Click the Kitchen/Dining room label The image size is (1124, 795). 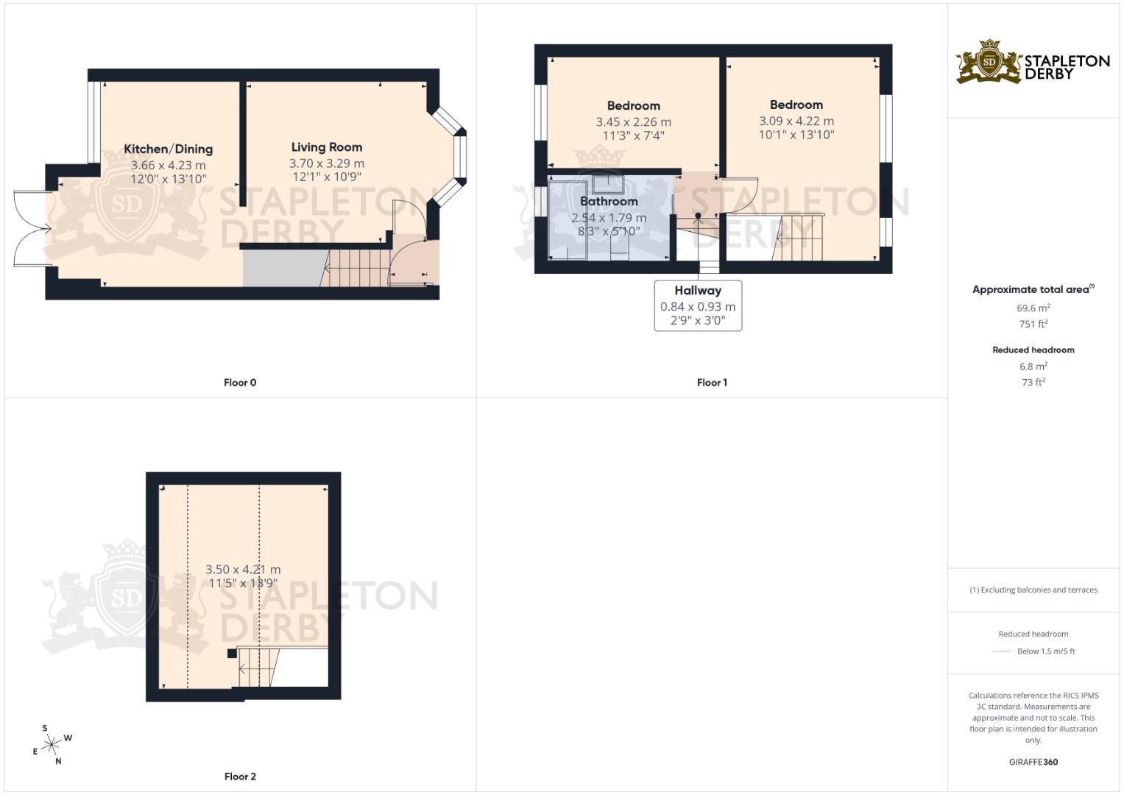click(x=169, y=149)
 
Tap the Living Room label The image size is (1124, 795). click(x=326, y=147)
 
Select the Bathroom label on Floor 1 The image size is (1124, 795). click(x=609, y=201)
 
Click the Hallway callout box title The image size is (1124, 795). click(x=698, y=291)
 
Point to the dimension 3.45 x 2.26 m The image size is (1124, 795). click(x=633, y=122)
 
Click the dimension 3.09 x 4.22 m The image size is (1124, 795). click(x=796, y=121)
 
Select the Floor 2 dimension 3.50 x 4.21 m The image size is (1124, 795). click(x=243, y=570)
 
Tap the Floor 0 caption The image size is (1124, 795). click(x=240, y=383)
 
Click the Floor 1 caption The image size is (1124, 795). click(x=712, y=383)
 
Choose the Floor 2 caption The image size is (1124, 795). click(x=240, y=777)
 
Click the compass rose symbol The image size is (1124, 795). click(x=52, y=746)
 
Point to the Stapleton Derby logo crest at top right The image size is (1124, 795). click(x=989, y=62)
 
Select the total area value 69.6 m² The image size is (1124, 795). click(x=1033, y=308)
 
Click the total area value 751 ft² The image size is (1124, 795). click(x=1033, y=324)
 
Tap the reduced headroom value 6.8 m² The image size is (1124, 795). click(x=1033, y=367)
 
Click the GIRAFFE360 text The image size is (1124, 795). click(x=1033, y=762)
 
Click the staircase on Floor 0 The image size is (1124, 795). click(x=355, y=268)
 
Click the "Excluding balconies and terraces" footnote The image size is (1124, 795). click(x=1033, y=590)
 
